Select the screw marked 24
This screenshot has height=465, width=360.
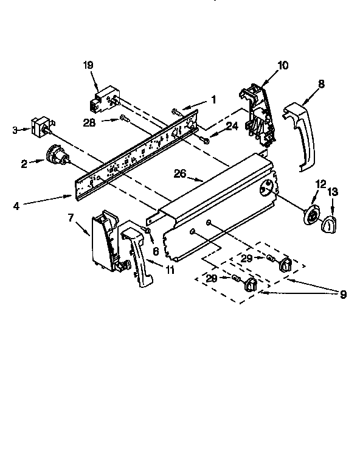pos(206,141)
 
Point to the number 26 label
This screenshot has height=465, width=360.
pos(179,173)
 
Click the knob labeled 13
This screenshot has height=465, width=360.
pos(330,225)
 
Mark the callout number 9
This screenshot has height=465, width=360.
pos(343,295)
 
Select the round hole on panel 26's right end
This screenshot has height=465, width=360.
pos(265,188)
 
